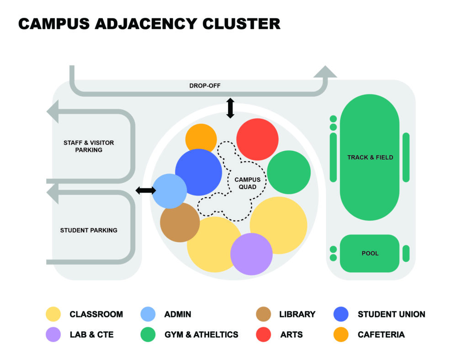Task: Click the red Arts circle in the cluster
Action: [x=257, y=139]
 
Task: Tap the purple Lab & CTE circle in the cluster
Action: [x=251, y=254]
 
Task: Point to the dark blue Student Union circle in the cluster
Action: [x=199, y=171]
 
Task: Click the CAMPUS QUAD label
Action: [x=245, y=183]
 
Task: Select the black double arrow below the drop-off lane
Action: [x=230, y=108]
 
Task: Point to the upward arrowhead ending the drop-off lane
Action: [x=325, y=72]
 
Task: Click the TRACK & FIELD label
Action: [x=370, y=158]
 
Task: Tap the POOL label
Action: [x=370, y=253]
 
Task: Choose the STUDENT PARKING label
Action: [x=89, y=230]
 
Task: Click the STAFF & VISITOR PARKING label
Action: [x=89, y=146]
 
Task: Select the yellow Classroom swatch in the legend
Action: [x=53, y=314]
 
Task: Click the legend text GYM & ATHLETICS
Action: [x=202, y=334]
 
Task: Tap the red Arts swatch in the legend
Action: [x=264, y=334]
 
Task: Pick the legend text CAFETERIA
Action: [x=381, y=334]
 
